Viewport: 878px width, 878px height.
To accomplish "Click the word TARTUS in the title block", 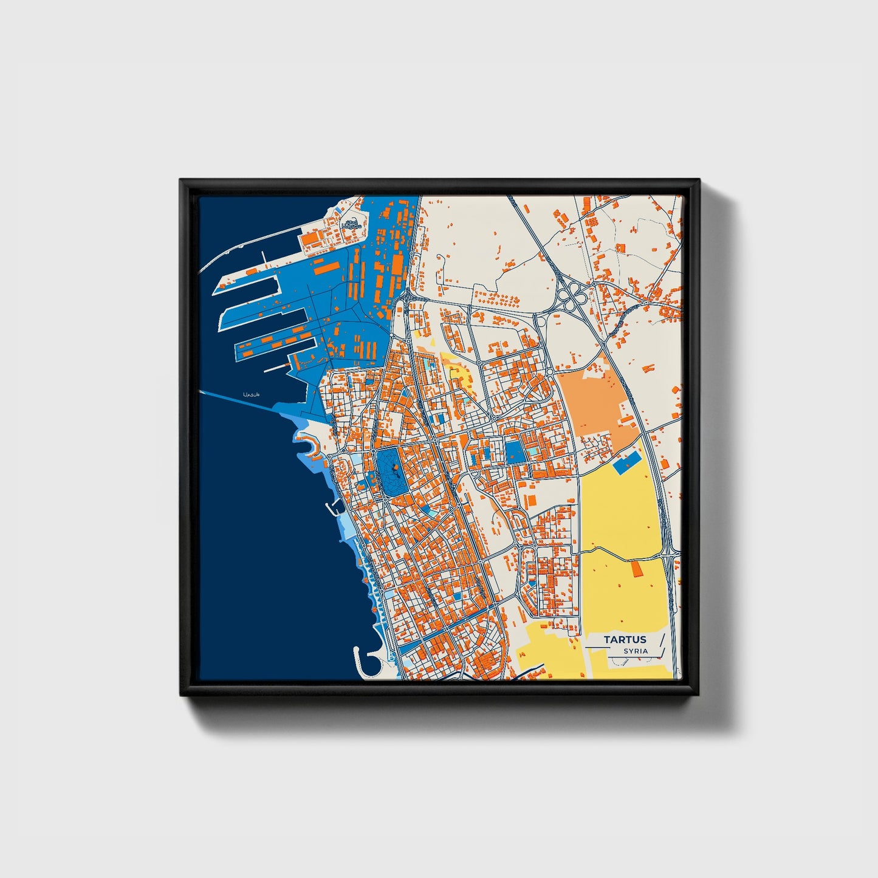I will (625, 639).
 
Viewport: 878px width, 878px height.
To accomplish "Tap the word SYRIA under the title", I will (635, 651).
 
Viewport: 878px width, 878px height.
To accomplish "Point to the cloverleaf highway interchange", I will (572, 297).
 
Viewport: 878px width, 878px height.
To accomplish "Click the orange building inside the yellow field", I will (637, 569).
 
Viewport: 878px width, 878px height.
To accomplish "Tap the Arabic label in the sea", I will (251, 395).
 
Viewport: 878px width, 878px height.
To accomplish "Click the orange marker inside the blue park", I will (396, 467).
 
